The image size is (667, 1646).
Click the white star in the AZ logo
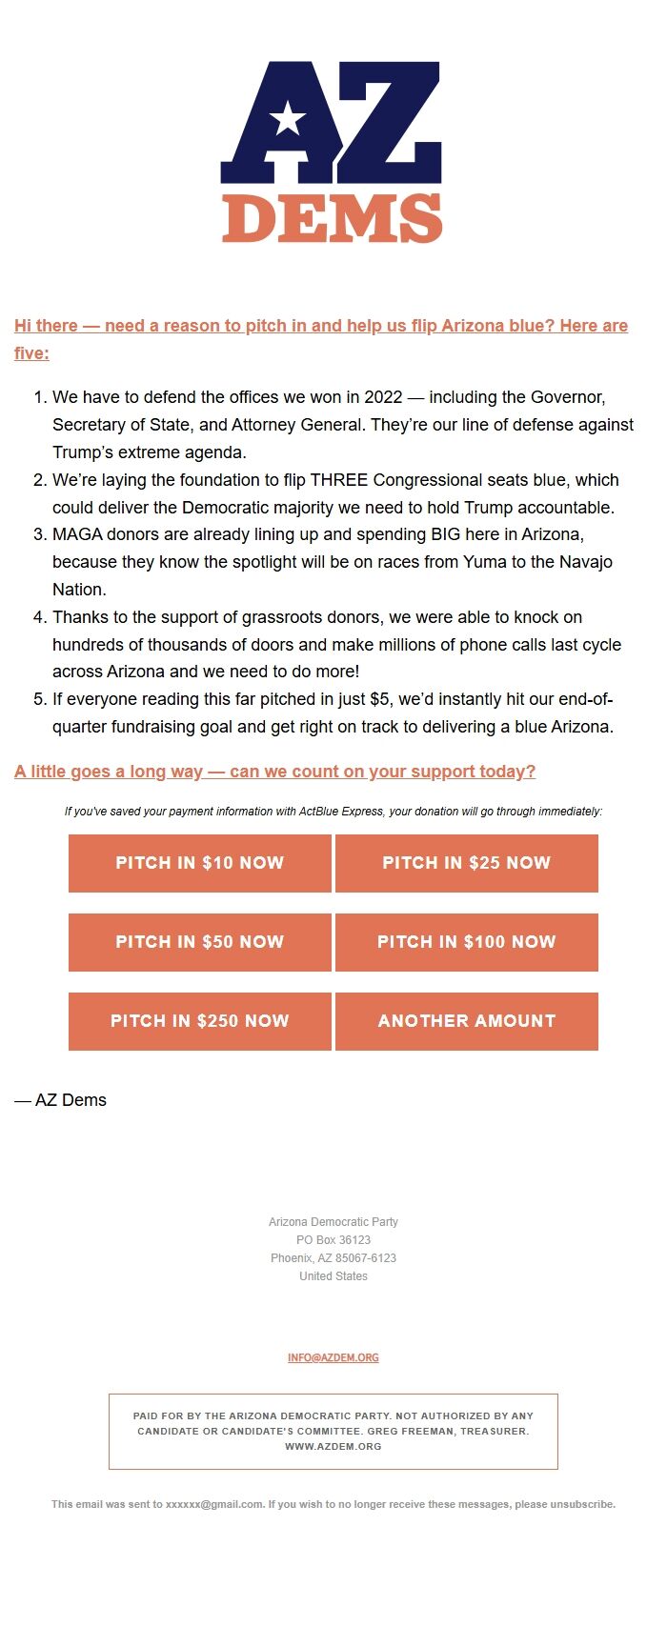(x=288, y=119)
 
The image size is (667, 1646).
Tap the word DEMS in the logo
(x=332, y=219)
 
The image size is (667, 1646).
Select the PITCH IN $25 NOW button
(x=466, y=863)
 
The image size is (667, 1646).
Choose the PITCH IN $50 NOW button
(x=200, y=942)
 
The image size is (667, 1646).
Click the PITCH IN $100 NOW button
(x=466, y=942)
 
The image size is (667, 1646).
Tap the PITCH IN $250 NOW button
(x=200, y=1021)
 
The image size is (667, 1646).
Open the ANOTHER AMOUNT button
(x=466, y=1021)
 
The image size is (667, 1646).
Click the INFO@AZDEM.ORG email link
(x=333, y=1357)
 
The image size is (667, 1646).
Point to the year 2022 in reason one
(x=383, y=397)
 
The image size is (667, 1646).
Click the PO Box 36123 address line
(x=333, y=1240)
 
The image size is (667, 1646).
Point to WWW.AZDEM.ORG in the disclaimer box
(x=333, y=1446)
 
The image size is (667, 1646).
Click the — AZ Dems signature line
(x=61, y=1100)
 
